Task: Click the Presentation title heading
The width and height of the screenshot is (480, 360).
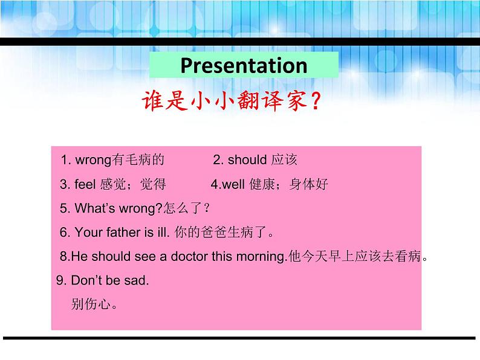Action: click(x=244, y=65)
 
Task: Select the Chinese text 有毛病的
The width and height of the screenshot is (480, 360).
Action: click(x=138, y=160)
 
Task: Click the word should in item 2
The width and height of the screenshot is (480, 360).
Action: click(x=247, y=160)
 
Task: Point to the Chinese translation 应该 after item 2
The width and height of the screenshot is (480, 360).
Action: click(x=284, y=160)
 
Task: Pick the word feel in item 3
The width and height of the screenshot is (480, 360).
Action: click(x=86, y=184)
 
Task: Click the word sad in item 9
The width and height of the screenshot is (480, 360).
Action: click(x=138, y=280)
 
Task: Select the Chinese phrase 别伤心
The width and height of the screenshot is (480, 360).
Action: click(x=94, y=304)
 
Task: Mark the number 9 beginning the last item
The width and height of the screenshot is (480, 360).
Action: click(x=59, y=280)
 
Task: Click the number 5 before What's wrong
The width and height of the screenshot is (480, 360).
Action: click(x=64, y=208)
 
